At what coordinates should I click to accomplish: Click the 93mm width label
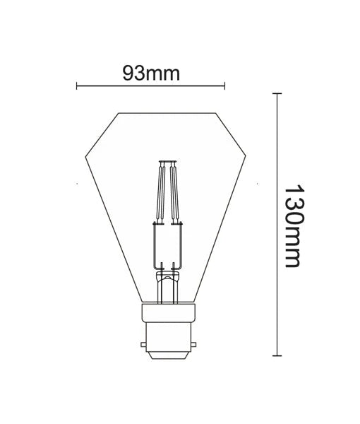150,73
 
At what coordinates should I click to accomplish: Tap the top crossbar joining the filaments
169,162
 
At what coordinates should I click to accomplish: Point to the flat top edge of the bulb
168,112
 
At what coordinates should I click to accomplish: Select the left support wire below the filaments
155,244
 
